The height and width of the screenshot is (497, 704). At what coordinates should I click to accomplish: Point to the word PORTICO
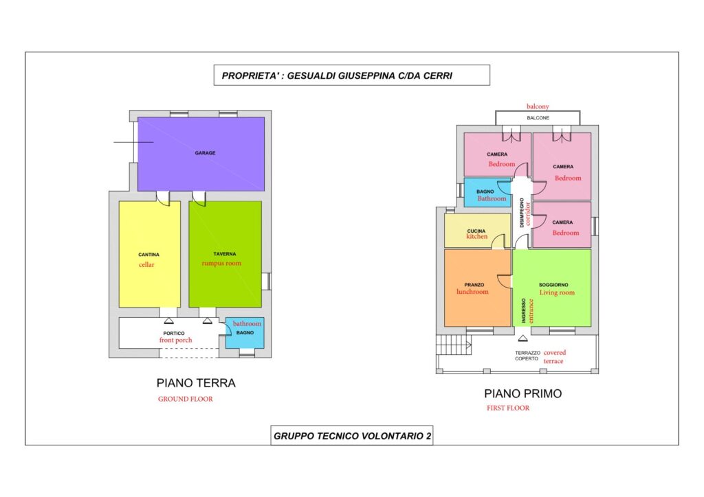(173, 334)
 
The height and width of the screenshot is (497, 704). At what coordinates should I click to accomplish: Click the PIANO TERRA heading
(195, 383)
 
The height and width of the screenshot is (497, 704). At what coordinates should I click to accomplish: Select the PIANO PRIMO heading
(522, 393)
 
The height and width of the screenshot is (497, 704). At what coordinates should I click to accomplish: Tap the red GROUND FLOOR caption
(185, 400)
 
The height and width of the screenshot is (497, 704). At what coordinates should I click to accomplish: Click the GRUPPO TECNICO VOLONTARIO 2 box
(351, 435)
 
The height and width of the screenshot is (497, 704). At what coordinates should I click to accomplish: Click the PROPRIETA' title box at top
(351, 76)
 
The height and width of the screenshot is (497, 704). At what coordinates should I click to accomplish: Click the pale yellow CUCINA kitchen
(477, 231)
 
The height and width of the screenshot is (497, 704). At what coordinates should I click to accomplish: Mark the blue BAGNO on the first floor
(487, 192)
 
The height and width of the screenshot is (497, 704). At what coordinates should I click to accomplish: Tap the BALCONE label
(538, 118)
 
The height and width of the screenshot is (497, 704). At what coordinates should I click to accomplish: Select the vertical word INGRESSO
(523, 310)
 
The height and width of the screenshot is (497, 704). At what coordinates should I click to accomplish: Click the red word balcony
(538, 106)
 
